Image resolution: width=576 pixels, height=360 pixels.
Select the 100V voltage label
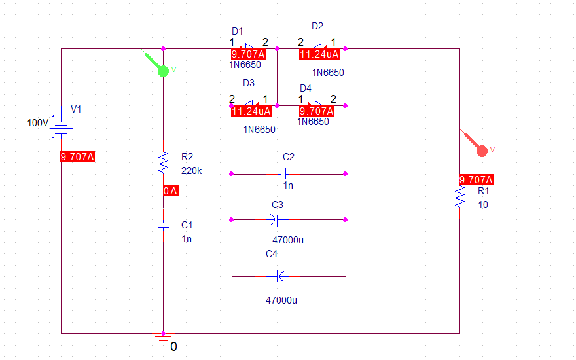coord(37,122)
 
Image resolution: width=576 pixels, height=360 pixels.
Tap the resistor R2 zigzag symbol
coord(163,162)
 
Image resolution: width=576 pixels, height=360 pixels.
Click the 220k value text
coord(191,171)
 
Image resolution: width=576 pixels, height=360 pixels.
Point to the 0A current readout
coord(171,190)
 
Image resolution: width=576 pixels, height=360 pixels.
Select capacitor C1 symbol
coord(163,225)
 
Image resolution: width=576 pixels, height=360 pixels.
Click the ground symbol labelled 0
coord(163,338)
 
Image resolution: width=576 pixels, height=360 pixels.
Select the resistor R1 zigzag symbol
coord(459,197)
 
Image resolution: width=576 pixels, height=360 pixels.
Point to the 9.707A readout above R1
coord(476,179)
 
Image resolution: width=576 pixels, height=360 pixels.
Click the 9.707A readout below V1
coord(77,157)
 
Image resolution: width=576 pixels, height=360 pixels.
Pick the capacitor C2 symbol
coord(283,173)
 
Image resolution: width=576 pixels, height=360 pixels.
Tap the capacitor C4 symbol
coord(279,276)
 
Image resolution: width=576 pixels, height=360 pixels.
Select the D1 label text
coord(238,31)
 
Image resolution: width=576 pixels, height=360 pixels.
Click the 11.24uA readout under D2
coord(319,54)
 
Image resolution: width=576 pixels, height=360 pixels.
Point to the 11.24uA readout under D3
coord(251,111)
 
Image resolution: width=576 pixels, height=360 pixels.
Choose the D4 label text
coord(306,88)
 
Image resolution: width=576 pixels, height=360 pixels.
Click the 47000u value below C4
coord(281,300)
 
